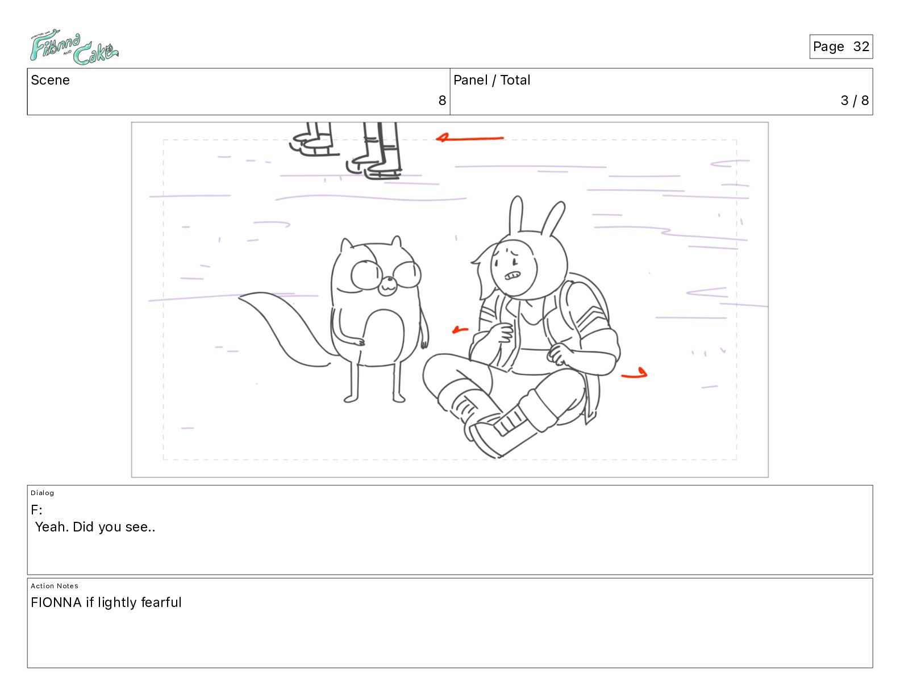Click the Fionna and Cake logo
point(74,47)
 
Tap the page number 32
point(861,47)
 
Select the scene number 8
point(442,100)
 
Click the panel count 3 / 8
point(854,100)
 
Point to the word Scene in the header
point(50,80)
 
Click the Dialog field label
point(42,493)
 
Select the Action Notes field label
point(54,586)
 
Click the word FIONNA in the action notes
point(56,602)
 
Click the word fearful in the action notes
point(161,602)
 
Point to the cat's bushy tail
point(286,329)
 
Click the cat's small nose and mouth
point(388,286)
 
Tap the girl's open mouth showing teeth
point(512,275)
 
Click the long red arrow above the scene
point(470,138)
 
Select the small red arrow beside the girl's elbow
point(460,330)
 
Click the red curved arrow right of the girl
point(635,374)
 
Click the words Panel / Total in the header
point(491,80)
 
